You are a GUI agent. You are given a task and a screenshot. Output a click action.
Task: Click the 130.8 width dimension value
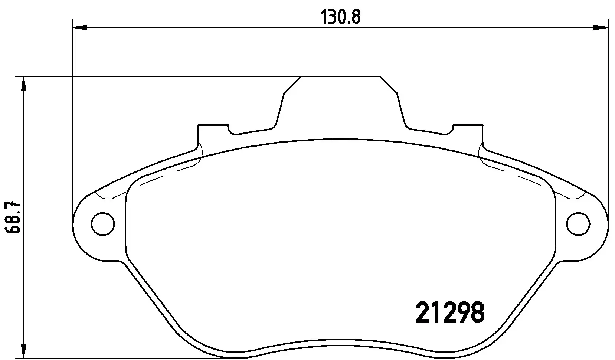click(x=340, y=17)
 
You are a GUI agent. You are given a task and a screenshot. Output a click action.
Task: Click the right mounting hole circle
click(x=578, y=224)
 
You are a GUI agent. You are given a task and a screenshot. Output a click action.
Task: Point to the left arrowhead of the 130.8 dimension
click(x=79, y=27)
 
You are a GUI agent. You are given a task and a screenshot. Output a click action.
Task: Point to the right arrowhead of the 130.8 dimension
click(x=601, y=27)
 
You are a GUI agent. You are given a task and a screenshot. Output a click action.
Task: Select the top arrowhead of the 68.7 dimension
click(x=23, y=84)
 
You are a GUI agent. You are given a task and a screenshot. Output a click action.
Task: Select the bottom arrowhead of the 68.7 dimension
click(x=23, y=350)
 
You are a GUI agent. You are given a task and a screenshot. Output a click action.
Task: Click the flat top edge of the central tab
click(x=340, y=76)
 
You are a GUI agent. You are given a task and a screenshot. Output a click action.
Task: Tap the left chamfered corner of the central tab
click(x=292, y=85)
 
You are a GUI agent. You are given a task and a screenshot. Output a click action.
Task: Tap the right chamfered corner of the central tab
click(x=389, y=85)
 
